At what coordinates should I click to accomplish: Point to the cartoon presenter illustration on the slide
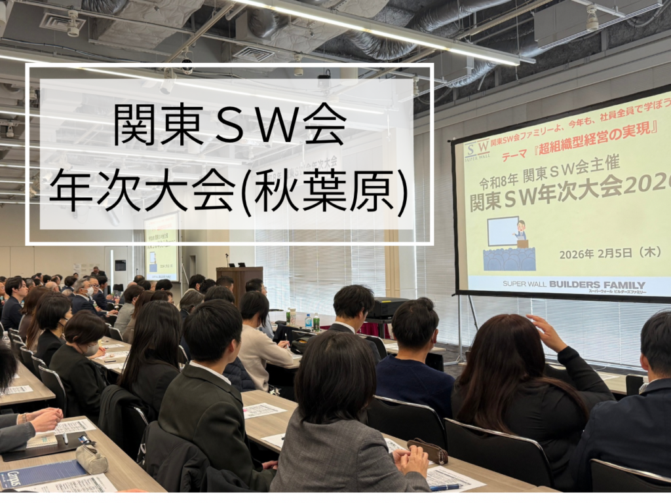(x=520, y=233)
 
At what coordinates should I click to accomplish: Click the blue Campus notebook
(x=41, y=473)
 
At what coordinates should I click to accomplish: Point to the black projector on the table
(x=389, y=308)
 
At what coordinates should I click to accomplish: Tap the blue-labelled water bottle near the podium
(x=308, y=322)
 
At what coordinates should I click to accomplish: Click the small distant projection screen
(x=161, y=246)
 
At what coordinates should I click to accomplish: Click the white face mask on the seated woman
(x=91, y=349)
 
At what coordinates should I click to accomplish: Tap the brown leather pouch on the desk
(x=427, y=451)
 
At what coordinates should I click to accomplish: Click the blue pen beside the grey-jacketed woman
(x=445, y=487)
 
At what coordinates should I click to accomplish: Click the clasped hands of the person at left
(x=46, y=419)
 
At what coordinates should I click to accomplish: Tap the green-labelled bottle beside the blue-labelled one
(x=316, y=322)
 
